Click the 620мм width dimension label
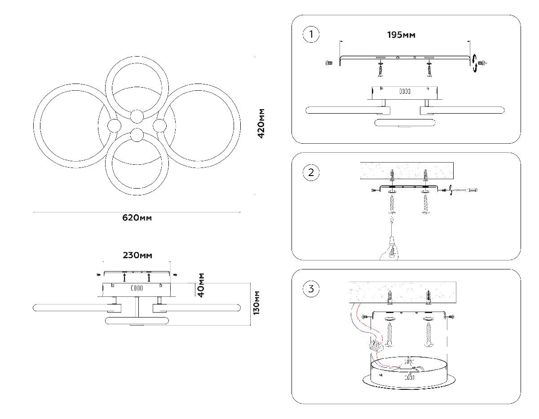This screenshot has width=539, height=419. [x=137, y=218]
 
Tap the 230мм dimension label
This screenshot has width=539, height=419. [x=137, y=255]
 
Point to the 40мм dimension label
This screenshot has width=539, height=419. [x=201, y=285]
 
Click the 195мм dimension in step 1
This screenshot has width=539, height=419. [x=401, y=35]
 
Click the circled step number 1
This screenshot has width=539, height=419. [x=311, y=35]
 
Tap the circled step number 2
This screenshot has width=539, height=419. [x=311, y=172]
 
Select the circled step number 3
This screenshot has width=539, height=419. [x=311, y=289]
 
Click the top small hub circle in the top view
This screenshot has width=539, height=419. [x=137, y=116]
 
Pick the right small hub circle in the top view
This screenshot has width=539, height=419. [x=159, y=125]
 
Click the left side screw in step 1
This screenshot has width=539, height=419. [x=328, y=63]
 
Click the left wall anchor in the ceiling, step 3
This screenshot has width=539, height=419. [x=390, y=297]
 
